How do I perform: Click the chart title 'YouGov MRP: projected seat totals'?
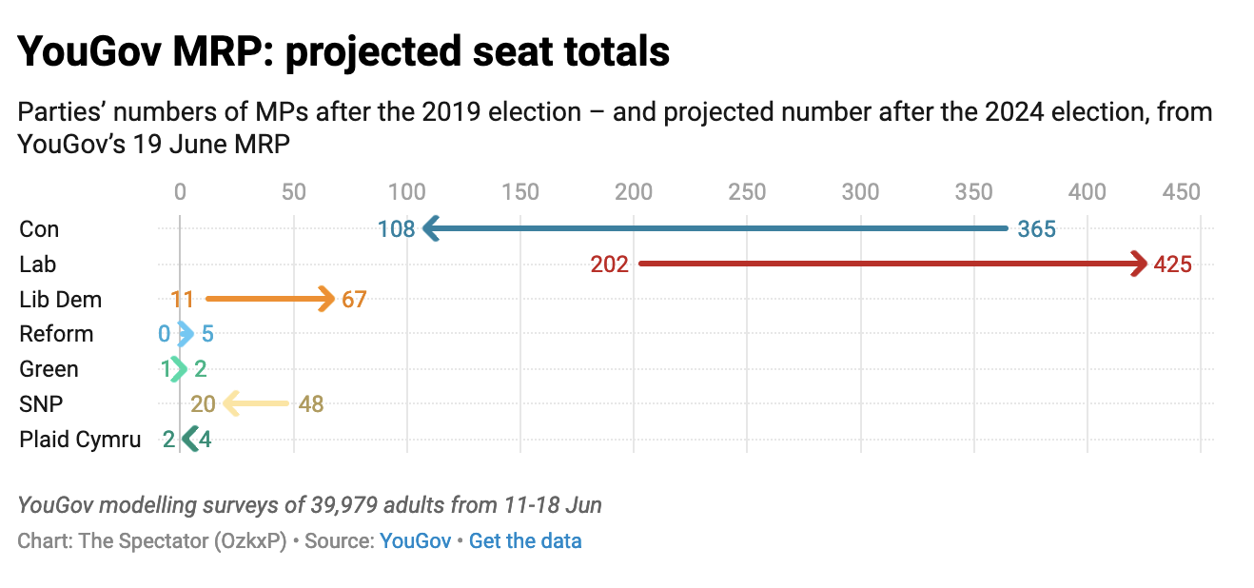pos(343,52)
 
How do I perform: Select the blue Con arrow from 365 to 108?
pos(714,228)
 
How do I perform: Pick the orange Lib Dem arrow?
pos(270,299)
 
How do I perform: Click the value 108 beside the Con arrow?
pos(396,229)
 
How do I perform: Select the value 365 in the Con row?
pos(1036,229)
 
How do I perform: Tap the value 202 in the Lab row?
pos(609,265)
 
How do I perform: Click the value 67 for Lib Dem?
pos(354,300)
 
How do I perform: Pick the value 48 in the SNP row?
pos(311,404)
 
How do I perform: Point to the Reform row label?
pos(56,334)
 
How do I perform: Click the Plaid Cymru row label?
pos(80,440)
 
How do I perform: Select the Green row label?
pos(49,369)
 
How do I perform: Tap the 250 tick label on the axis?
pos(747,192)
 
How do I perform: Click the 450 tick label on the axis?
pos(1182,192)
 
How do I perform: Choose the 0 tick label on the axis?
pos(180,192)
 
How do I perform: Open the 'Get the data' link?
pos(525,541)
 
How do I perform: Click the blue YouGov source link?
pos(415,541)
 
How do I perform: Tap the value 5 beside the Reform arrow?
pos(207,334)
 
